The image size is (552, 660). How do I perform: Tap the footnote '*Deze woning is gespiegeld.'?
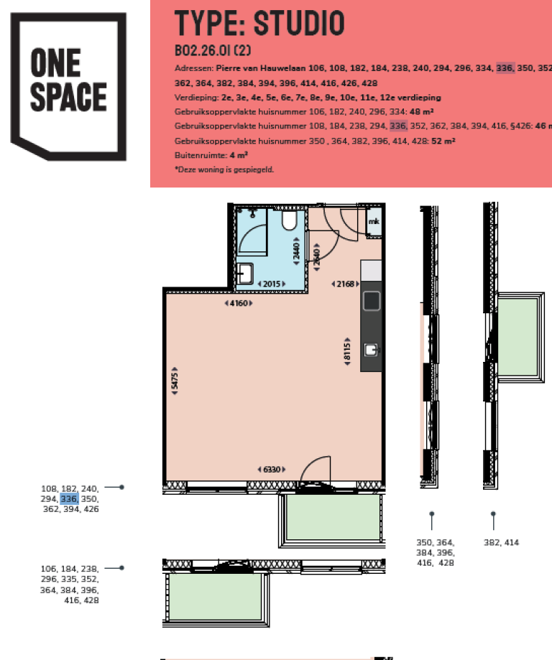(x=224, y=169)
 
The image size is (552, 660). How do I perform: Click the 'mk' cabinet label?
(x=374, y=222)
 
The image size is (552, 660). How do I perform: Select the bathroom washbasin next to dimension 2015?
(x=244, y=274)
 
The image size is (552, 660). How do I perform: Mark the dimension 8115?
(x=346, y=350)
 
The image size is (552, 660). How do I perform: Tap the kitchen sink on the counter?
(x=371, y=350)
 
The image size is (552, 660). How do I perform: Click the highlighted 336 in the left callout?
(x=70, y=498)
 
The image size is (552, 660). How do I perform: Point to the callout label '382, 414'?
(x=501, y=543)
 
